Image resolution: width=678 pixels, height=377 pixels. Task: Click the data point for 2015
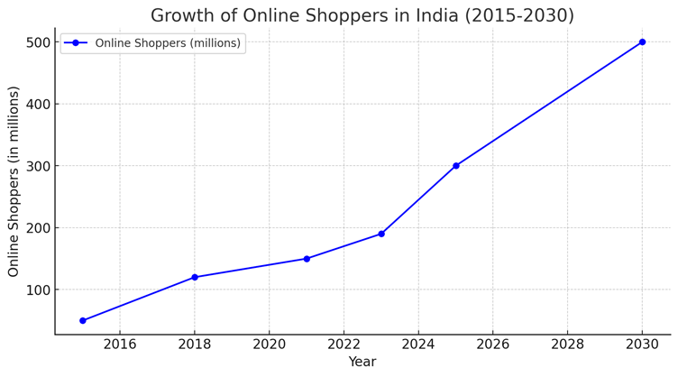[83, 320]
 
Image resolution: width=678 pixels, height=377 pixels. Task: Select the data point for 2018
[195, 277]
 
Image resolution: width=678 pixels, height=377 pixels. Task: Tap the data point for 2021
[307, 259]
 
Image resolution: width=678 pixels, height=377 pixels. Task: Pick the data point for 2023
[381, 234]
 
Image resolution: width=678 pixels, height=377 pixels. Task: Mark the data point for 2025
[456, 166]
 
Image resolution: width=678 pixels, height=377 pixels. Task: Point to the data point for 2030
[642, 42]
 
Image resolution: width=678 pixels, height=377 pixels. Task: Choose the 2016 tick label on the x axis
[120, 345]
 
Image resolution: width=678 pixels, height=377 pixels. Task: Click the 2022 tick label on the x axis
[344, 345]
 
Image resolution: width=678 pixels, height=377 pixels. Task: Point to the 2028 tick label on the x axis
[567, 345]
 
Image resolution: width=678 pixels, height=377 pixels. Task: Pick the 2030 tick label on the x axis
[642, 345]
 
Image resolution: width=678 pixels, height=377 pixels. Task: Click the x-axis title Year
[362, 363]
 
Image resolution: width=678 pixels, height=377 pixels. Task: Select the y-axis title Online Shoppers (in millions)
[14, 181]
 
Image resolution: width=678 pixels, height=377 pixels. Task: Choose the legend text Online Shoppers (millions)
[168, 43]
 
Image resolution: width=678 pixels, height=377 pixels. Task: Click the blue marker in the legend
[76, 43]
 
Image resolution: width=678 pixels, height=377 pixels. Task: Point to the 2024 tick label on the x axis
[418, 345]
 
